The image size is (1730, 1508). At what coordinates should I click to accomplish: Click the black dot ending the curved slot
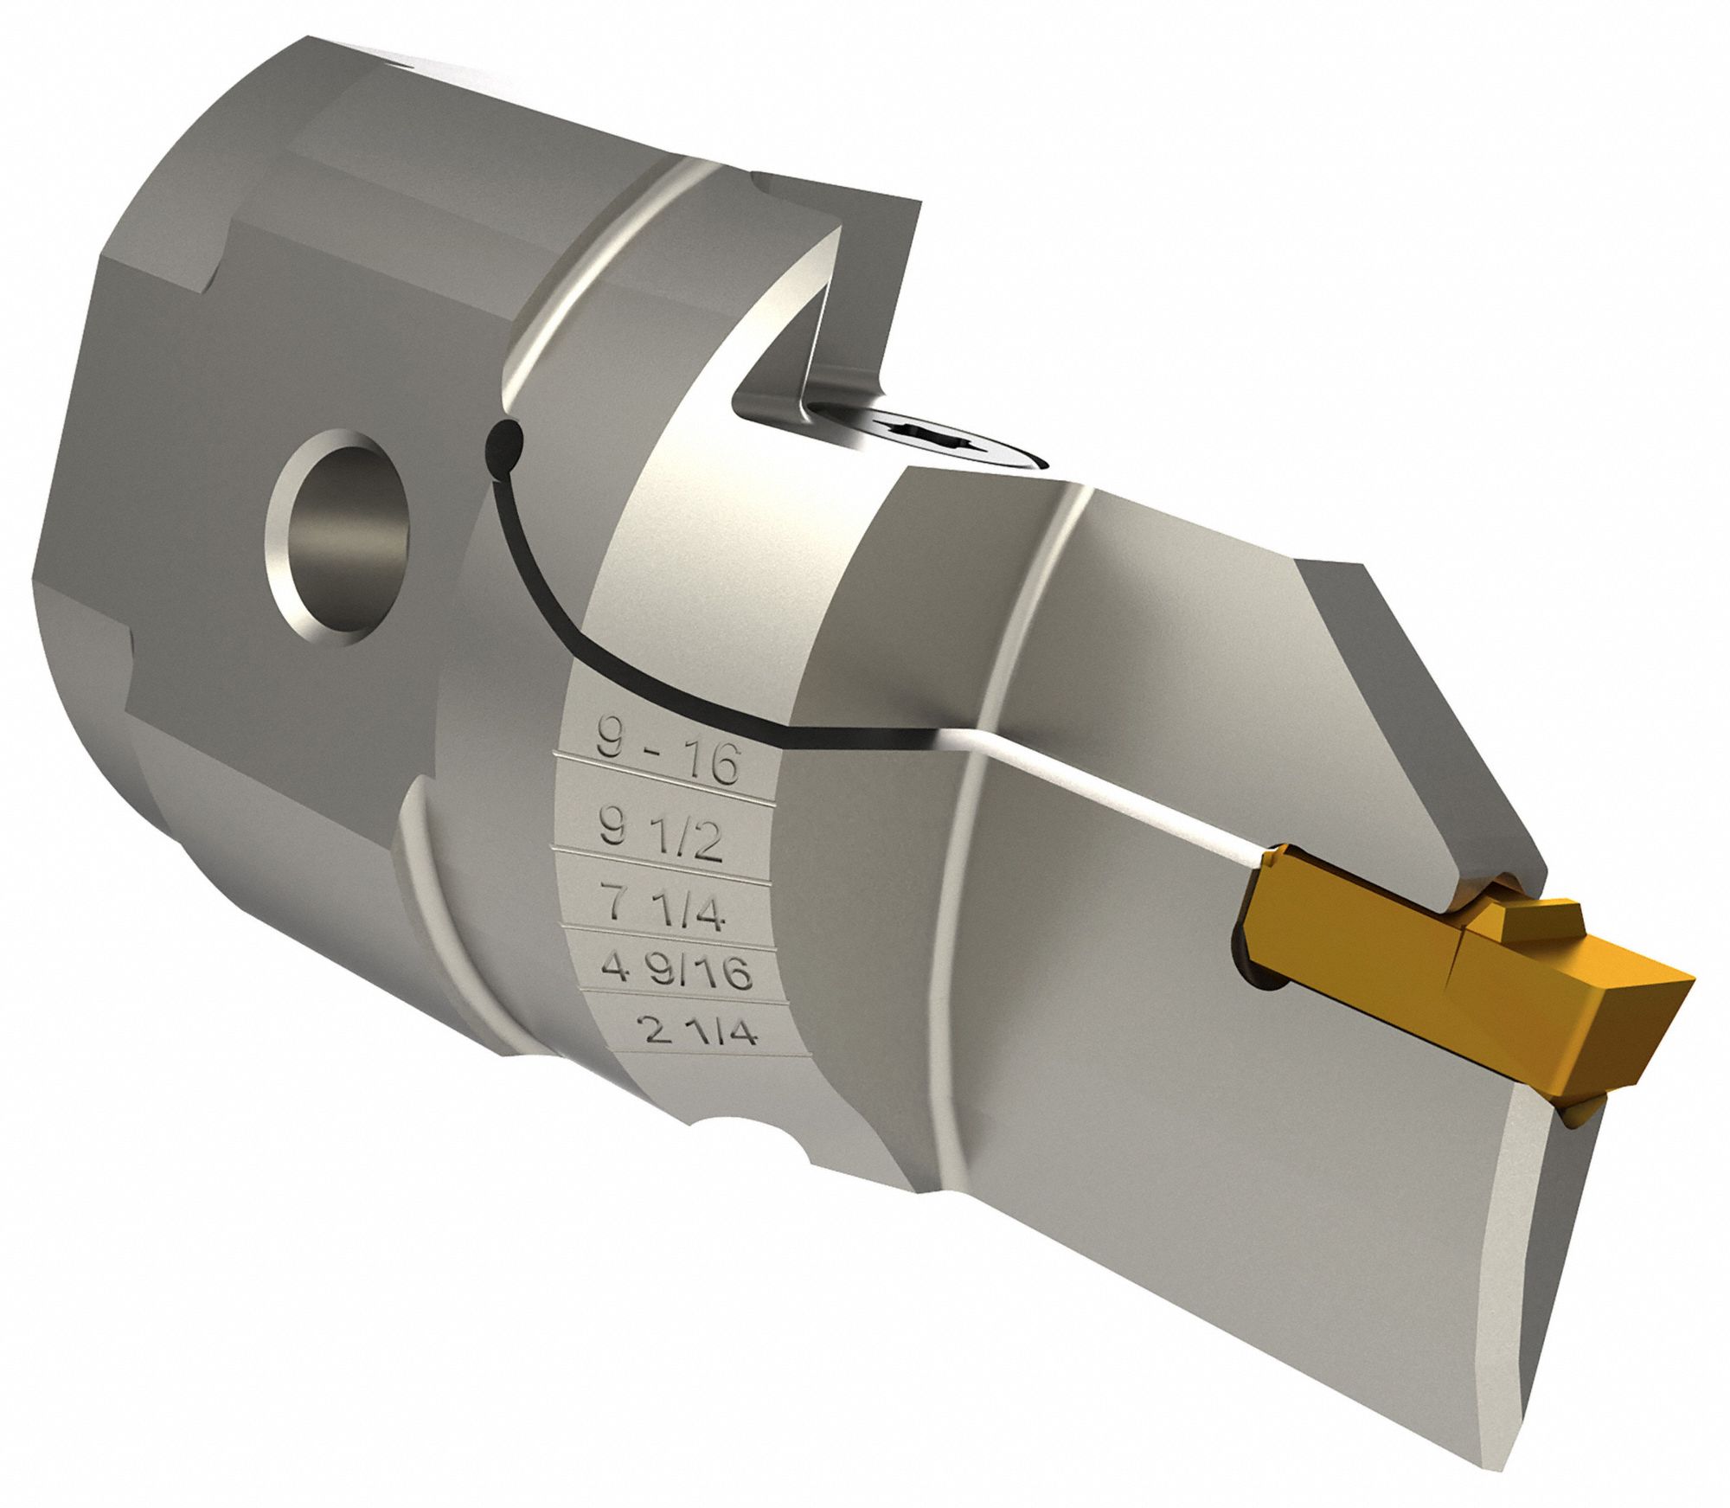click(504, 442)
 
